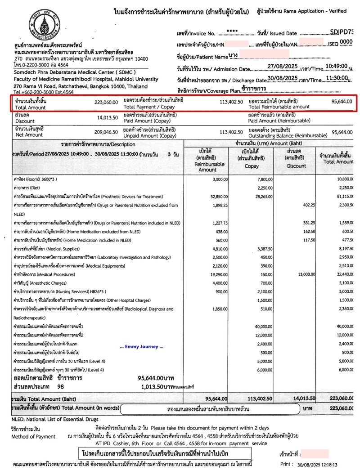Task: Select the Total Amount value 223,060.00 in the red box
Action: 106,102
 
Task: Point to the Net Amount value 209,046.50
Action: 106,132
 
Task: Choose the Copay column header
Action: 252,159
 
